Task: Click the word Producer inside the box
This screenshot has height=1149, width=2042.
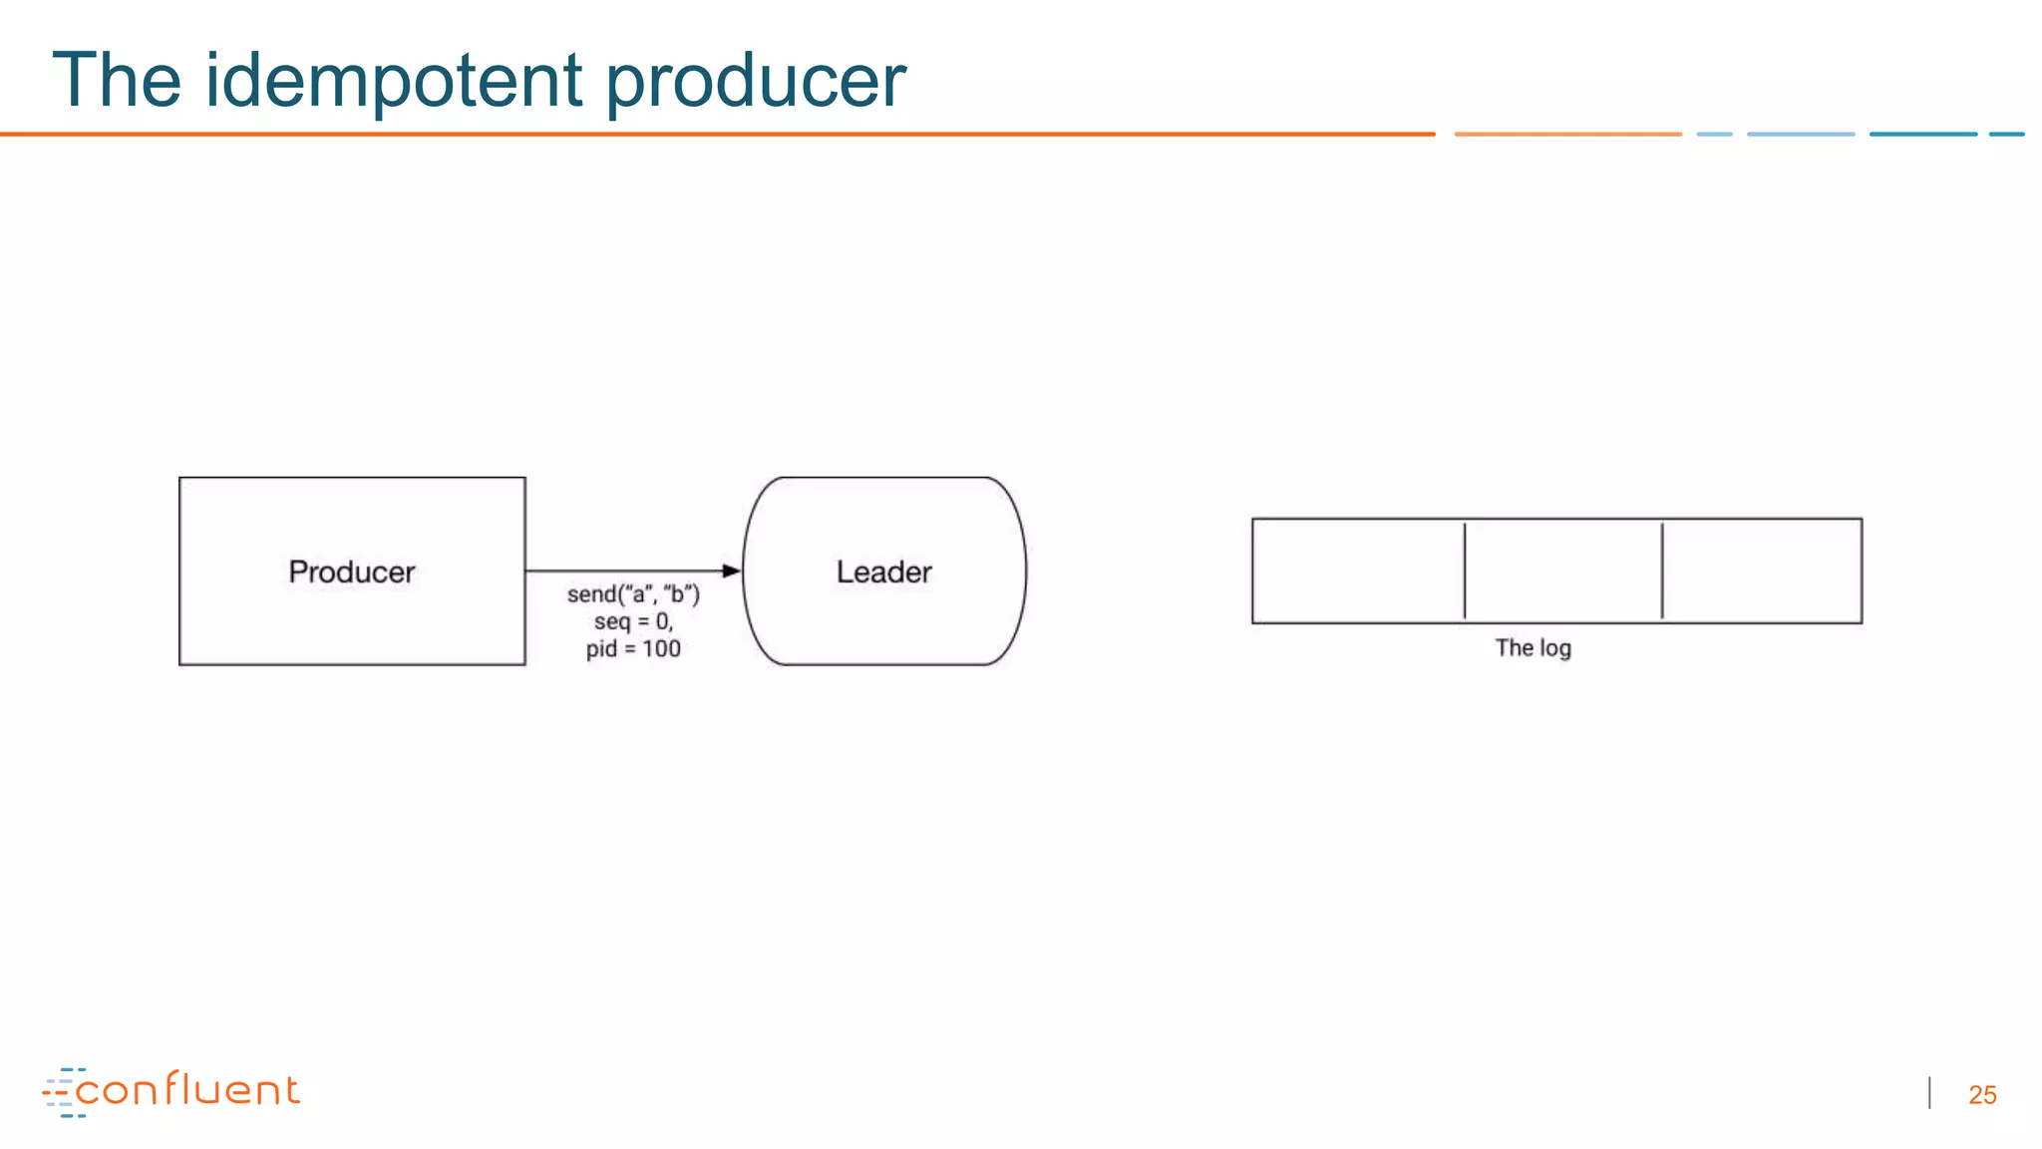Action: (x=351, y=572)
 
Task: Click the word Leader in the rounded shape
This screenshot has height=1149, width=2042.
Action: (x=883, y=572)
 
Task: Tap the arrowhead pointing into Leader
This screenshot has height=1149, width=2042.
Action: (x=732, y=571)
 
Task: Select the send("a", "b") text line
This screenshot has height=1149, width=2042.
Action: (x=633, y=594)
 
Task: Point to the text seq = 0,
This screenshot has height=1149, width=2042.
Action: (x=633, y=621)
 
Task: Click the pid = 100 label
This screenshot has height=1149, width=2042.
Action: (x=633, y=649)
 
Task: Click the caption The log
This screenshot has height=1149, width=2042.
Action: (x=1532, y=648)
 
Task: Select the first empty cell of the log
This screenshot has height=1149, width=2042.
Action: (x=1358, y=571)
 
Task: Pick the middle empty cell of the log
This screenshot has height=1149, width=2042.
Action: (x=1562, y=571)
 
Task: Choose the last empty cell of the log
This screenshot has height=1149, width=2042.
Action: (x=1762, y=571)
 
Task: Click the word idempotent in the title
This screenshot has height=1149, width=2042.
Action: (x=394, y=80)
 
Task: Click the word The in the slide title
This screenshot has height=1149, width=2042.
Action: (x=117, y=80)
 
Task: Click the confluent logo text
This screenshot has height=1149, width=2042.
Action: (x=187, y=1089)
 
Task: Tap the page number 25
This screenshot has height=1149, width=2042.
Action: (x=1982, y=1095)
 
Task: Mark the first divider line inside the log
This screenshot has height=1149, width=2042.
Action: (x=1465, y=571)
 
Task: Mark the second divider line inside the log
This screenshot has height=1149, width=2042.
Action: (x=1662, y=571)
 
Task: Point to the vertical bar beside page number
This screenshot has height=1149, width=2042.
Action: (x=1930, y=1093)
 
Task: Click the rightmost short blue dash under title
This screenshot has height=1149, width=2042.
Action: (x=2006, y=134)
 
